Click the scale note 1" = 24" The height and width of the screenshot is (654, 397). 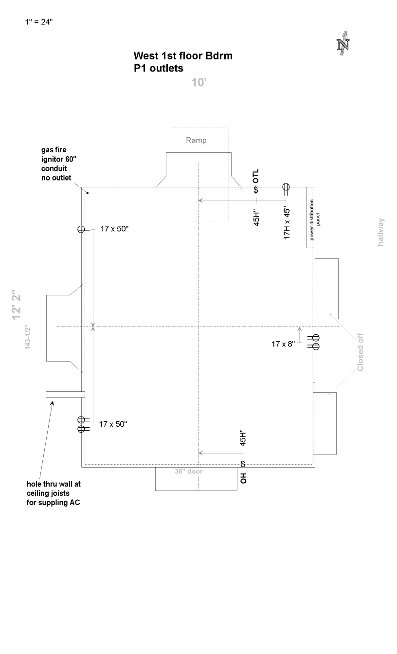pos(39,22)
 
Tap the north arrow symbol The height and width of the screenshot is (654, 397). pos(343,43)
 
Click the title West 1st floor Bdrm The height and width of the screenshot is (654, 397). pos(183,56)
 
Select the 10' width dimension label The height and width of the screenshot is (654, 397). pos(199,83)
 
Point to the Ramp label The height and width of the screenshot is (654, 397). pos(196,140)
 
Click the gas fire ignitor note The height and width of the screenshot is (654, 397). pos(59,164)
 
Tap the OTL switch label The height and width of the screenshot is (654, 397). pos(256,176)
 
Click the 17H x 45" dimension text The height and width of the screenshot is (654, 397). pos(287,223)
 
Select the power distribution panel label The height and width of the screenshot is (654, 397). pos(314,220)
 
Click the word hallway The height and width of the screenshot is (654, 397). pos(380,232)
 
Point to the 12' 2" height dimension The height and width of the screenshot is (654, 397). pos(17,305)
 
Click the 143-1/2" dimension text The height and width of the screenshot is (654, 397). pos(28,337)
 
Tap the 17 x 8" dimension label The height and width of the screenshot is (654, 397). pos(283,344)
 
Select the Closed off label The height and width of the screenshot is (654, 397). pos(360,352)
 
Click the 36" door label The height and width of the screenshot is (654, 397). pos(189,472)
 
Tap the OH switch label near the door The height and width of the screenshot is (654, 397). pos(243,478)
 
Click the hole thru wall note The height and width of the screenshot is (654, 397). pos(54,493)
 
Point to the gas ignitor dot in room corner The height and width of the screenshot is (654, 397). pos(87,193)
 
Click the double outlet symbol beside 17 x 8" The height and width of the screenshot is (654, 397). pos(314,342)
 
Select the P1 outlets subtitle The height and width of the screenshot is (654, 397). pos(159,68)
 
